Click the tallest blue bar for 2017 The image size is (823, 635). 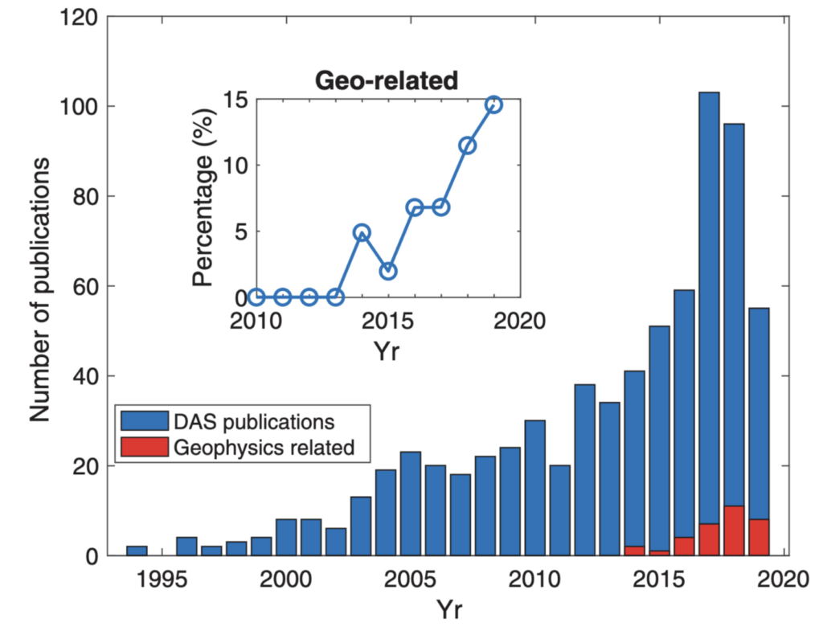click(708, 305)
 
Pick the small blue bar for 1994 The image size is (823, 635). click(137, 551)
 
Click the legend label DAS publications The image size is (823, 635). click(252, 420)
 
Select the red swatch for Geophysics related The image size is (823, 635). click(144, 447)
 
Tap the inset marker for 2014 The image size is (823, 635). click(362, 232)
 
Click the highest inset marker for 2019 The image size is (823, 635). click(493, 105)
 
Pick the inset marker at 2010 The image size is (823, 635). click(256, 297)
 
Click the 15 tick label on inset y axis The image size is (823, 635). click(234, 100)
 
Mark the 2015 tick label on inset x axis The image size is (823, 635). click(388, 321)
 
